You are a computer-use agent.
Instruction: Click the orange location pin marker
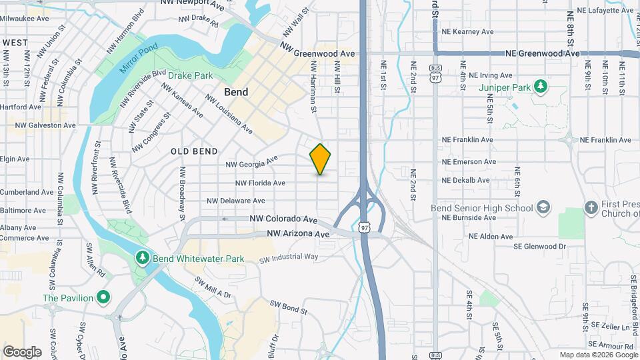point(320,159)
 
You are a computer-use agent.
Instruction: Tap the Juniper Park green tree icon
point(541,87)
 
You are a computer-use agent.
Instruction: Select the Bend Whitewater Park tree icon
point(141,257)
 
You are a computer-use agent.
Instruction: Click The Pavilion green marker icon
point(103,297)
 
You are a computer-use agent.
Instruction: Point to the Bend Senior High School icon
point(544,208)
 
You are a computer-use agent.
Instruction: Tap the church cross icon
point(590,208)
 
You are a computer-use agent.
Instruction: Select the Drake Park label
point(190,75)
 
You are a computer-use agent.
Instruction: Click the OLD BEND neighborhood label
point(194,151)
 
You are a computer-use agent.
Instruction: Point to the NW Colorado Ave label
point(283,219)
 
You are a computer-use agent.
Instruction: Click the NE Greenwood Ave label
point(542,53)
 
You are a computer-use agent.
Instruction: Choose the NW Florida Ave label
point(260,183)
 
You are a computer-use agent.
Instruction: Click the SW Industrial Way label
point(289,257)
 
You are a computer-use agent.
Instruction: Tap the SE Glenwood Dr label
point(539,246)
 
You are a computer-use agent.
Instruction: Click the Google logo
point(22,351)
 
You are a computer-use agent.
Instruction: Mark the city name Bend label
point(236,92)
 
